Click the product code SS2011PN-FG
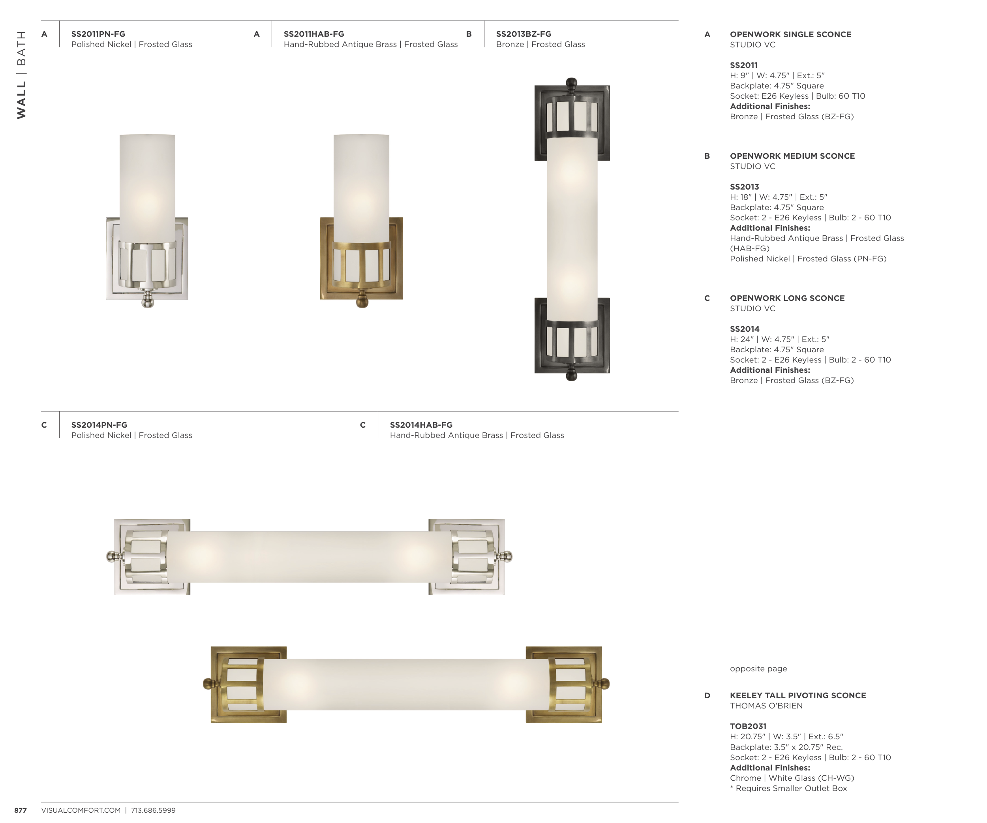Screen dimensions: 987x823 (x=98, y=34)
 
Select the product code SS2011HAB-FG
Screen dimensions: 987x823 (x=314, y=34)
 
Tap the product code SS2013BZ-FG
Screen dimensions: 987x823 (x=524, y=34)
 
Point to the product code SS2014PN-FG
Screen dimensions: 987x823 (x=99, y=425)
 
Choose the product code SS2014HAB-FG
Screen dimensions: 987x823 (x=421, y=425)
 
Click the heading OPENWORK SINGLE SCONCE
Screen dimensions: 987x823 (x=790, y=34)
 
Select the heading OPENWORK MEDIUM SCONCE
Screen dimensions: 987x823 (x=792, y=156)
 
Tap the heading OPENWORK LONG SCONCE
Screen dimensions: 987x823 (x=787, y=298)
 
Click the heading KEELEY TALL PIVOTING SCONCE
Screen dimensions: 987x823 (x=798, y=695)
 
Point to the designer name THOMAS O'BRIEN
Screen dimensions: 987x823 (x=766, y=706)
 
